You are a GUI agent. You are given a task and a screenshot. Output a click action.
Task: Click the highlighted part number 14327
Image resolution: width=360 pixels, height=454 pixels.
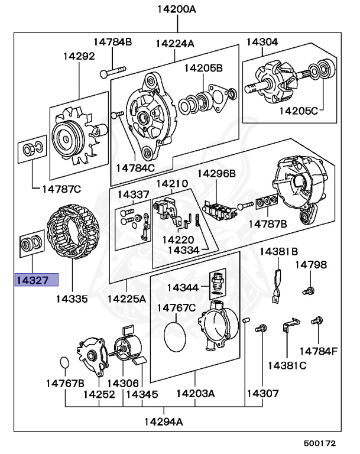click(36, 279)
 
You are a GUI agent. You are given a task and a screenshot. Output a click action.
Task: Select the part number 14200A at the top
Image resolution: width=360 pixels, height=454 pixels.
click(176, 9)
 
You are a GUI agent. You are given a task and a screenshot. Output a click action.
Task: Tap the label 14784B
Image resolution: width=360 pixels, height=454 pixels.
click(113, 41)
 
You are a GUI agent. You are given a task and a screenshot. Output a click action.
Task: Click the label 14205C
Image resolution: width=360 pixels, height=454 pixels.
click(299, 110)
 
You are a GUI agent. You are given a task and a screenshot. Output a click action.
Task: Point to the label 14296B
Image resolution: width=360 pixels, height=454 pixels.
click(216, 173)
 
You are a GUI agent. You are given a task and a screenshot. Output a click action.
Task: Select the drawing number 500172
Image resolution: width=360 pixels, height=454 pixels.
click(319, 442)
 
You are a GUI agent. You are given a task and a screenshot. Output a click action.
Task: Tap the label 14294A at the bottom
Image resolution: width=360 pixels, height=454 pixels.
click(163, 421)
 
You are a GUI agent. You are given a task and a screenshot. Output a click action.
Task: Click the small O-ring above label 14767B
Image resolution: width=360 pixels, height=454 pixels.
click(65, 361)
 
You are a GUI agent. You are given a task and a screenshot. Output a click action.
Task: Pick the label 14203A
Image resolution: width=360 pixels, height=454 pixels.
click(195, 393)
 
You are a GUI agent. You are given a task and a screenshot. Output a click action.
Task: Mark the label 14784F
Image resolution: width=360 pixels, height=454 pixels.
click(317, 351)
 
